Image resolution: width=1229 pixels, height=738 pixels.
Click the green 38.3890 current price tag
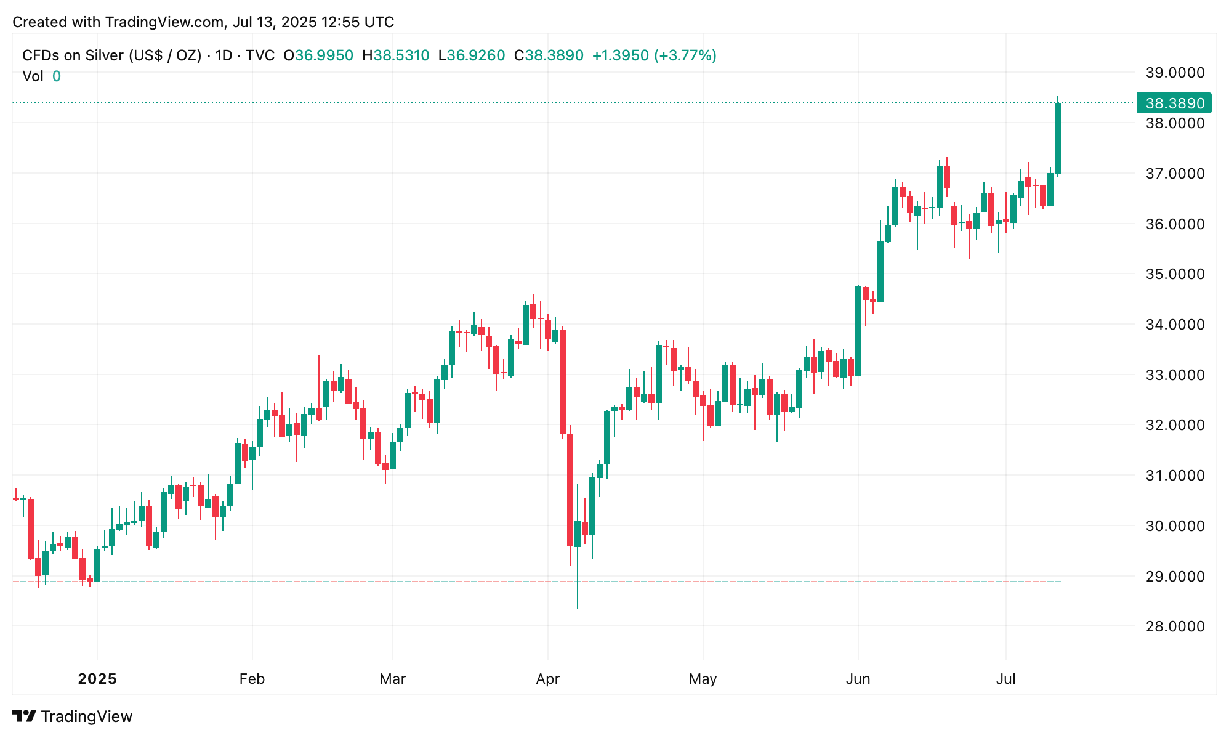[x=1174, y=103]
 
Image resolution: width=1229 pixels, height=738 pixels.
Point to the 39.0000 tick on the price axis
[x=1174, y=73]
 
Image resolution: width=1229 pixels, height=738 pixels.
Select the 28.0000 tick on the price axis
[x=1174, y=626]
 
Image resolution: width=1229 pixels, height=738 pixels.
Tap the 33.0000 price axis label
[x=1174, y=375]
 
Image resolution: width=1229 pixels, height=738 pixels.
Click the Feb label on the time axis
[x=252, y=679]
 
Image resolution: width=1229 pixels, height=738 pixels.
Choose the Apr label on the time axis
[x=547, y=679]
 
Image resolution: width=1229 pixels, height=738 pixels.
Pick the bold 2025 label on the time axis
[x=97, y=679]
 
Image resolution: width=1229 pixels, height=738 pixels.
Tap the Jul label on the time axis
[x=1005, y=679]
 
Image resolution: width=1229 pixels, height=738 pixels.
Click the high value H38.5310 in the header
[x=395, y=55]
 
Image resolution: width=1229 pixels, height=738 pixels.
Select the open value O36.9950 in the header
[x=318, y=55]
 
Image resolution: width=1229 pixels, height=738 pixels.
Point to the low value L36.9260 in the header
[x=471, y=55]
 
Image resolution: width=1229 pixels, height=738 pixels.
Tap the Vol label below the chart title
[x=33, y=76]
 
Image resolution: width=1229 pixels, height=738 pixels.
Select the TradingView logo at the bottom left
[x=73, y=716]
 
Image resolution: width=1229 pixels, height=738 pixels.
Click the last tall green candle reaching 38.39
[x=1058, y=139]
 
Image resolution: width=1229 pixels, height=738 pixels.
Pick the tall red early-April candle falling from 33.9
[x=563, y=382]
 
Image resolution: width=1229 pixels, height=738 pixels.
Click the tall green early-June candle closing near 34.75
[x=858, y=331]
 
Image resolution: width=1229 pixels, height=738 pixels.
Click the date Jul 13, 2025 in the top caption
[x=275, y=22]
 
